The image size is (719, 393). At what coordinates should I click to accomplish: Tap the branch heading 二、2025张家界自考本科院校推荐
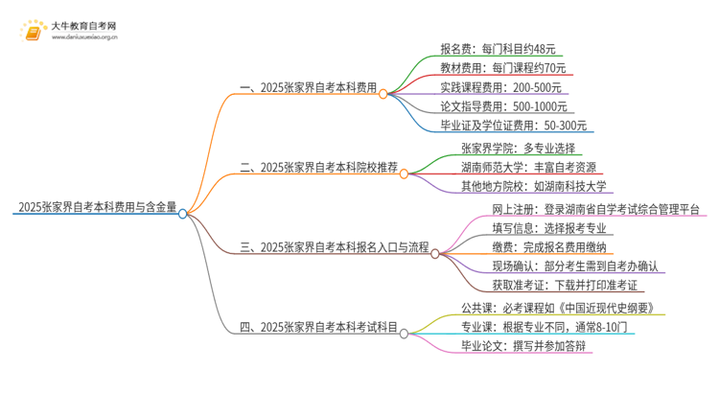pos(318,166)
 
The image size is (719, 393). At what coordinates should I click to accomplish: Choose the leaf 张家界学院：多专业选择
pos(518,148)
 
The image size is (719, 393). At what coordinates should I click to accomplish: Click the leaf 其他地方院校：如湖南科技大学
pos(534,185)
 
